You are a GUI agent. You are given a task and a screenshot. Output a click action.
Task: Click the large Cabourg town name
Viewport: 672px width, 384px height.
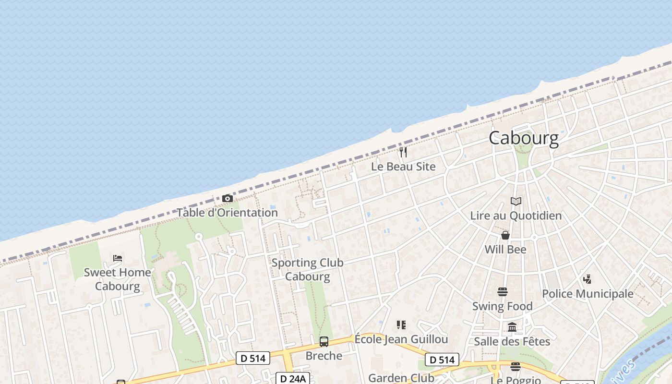click(x=524, y=138)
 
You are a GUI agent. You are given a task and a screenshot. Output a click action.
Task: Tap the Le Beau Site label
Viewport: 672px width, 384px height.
click(x=403, y=167)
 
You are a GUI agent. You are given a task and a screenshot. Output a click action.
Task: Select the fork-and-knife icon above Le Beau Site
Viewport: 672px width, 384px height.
click(x=403, y=152)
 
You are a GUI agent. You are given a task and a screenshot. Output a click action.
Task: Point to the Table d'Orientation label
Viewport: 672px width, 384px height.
click(x=228, y=212)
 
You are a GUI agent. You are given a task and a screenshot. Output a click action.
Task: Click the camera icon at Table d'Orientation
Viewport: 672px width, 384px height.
click(x=228, y=198)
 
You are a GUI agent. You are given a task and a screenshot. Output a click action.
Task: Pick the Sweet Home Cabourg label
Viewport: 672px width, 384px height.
click(x=118, y=279)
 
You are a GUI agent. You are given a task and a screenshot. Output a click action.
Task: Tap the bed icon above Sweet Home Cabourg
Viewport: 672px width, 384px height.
click(x=118, y=258)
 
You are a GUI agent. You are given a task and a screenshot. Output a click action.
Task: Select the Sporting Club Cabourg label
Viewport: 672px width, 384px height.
click(x=308, y=269)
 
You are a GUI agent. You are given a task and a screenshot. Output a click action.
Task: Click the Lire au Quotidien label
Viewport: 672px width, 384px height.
click(x=516, y=216)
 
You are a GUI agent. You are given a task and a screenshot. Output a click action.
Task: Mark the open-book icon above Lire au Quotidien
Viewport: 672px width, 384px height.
click(x=516, y=201)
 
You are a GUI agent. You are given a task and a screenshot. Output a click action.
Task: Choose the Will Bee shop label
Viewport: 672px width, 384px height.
click(x=505, y=249)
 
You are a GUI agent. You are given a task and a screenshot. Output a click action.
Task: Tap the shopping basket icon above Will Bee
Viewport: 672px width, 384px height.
click(x=505, y=235)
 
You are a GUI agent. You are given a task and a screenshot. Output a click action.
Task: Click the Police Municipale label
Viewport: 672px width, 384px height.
click(x=588, y=294)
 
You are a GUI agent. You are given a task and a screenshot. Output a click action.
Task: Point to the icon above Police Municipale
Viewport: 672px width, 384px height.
click(x=587, y=279)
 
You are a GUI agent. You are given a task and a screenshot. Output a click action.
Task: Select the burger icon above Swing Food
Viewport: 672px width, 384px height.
click(x=503, y=292)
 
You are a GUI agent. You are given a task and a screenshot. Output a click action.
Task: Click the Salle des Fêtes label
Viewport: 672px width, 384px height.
click(x=512, y=341)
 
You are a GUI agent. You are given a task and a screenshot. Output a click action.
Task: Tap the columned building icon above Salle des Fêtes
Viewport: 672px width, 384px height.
click(x=512, y=327)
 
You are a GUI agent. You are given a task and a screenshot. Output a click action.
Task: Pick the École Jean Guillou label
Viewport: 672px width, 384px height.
click(x=401, y=339)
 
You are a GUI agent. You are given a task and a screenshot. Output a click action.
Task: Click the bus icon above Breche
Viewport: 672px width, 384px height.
click(x=324, y=342)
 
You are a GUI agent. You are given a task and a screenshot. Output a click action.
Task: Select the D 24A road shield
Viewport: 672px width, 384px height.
click(x=293, y=379)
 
